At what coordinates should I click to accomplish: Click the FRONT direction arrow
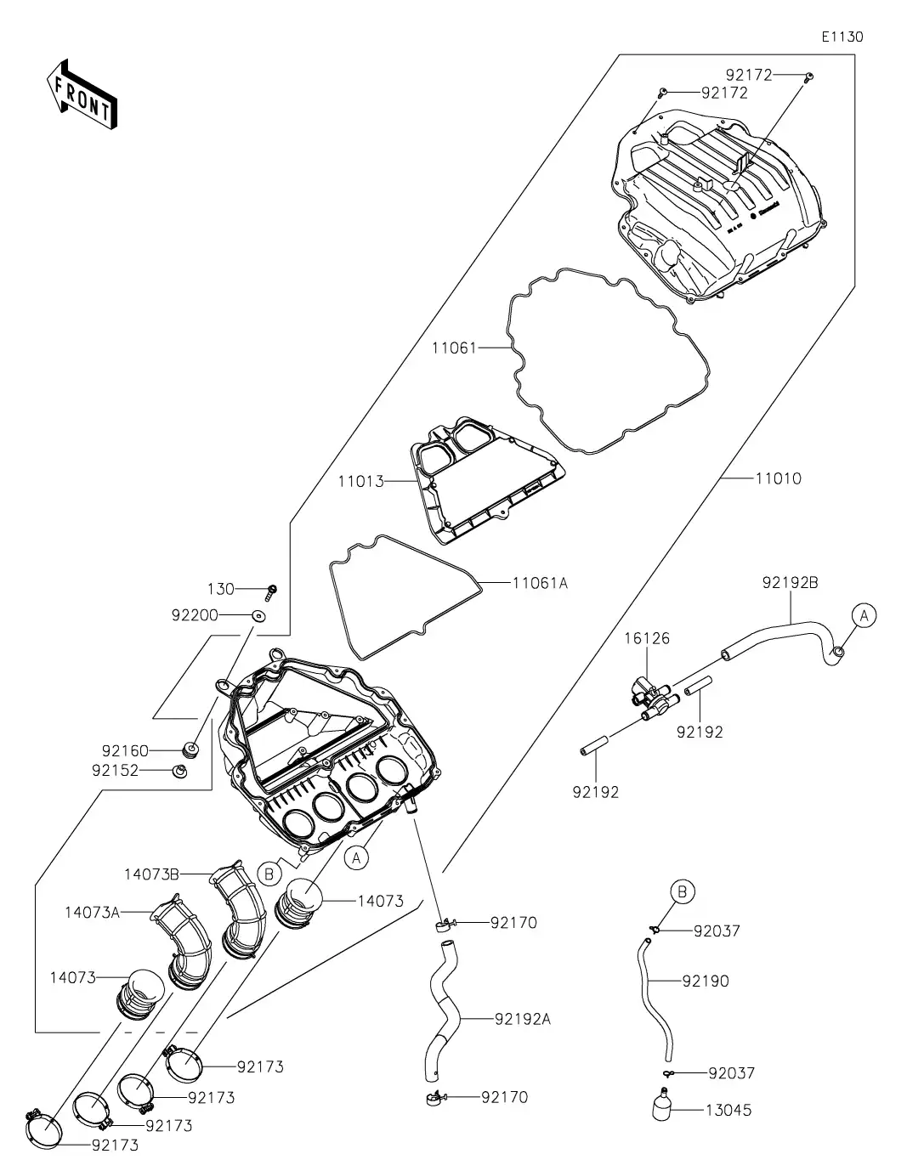pyautogui.click(x=82, y=93)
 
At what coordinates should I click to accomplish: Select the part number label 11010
pyautogui.click(x=778, y=478)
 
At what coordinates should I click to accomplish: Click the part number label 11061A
pyautogui.click(x=540, y=583)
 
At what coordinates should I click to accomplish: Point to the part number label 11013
pyautogui.click(x=360, y=482)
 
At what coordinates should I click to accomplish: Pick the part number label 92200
pyautogui.click(x=196, y=614)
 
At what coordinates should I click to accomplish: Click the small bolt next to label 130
pyautogui.click(x=273, y=589)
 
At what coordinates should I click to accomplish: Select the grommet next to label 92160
pyautogui.click(x=191, y=750)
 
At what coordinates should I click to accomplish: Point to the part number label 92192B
pyautogui.click(x=790, y=583)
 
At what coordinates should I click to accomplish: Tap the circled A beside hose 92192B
pyautogui.click(x=863, y=614)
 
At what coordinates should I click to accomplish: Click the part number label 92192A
pyautogui.click(x=522, y=1019)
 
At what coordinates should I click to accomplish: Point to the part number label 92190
pyautogui.click(x=705, y=981)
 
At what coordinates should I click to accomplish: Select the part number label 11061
pyautogui.click(x=455, y=348)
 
